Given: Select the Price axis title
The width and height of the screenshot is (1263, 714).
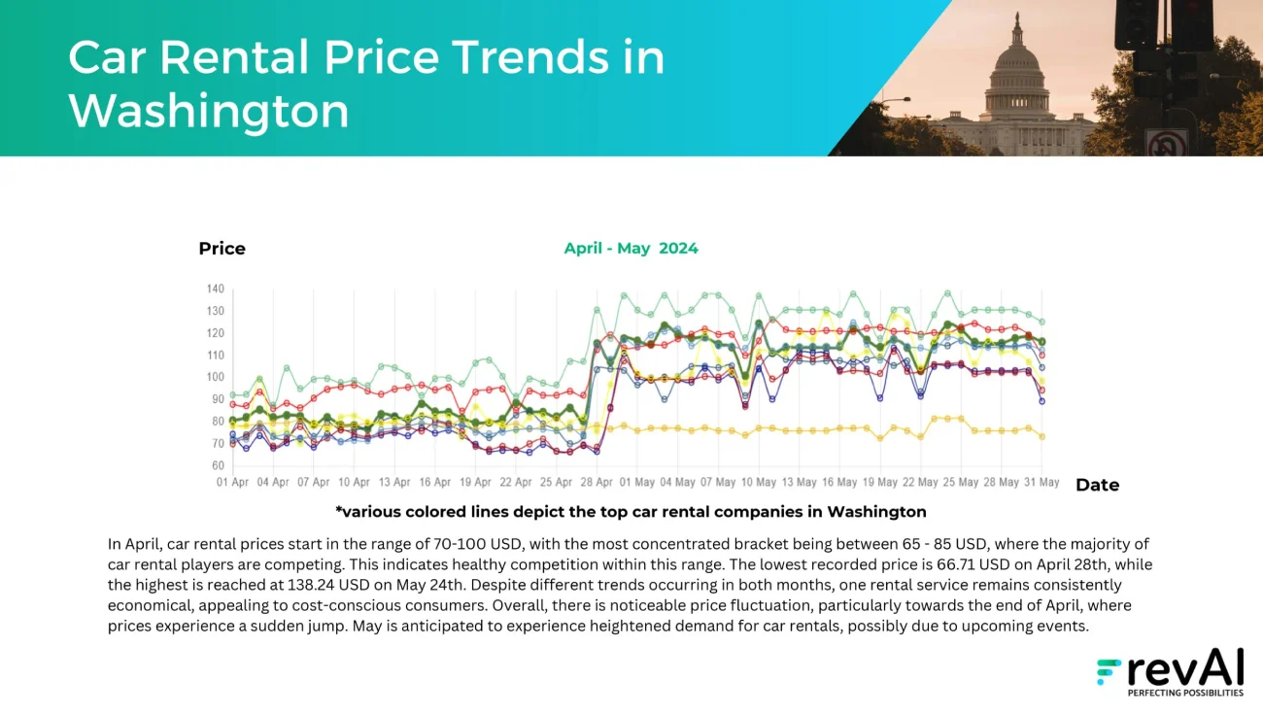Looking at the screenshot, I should point(222,249).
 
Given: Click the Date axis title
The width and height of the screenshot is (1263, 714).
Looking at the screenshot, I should point(1097,485).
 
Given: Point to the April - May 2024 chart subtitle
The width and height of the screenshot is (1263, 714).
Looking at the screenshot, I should point(631,249).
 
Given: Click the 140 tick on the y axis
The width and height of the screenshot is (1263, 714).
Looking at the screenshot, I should point(215,289).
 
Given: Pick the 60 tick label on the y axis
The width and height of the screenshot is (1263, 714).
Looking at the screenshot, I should point(217,466).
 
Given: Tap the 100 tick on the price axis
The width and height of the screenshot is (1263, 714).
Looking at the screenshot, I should point(215,378).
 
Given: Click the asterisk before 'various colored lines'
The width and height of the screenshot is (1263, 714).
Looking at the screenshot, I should point(339,511).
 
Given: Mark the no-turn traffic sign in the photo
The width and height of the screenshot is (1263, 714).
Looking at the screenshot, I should point(1166,144).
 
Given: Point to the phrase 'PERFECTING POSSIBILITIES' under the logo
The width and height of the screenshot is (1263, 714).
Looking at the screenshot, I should point(1184,694).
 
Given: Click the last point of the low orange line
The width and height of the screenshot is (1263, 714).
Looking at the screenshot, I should point(1041,437).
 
